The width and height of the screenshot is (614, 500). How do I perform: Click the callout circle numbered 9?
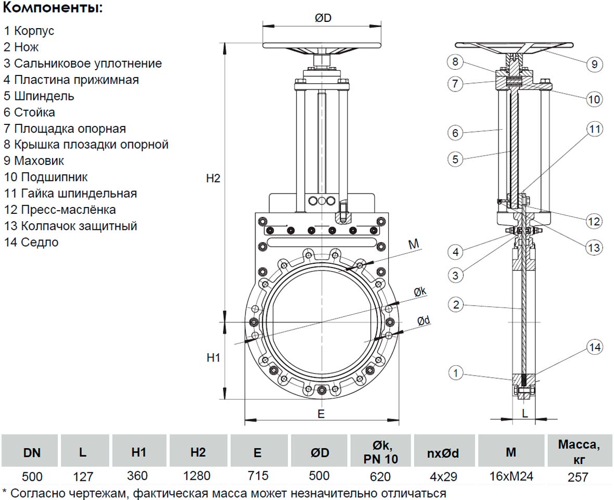click(594, 65)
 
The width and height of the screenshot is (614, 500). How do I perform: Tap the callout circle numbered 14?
click(594, 347)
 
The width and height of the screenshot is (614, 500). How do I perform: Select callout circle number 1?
click(456, 373)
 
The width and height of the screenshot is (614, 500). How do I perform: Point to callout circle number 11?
click(594, 128)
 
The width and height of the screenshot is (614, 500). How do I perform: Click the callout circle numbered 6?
click(455, 133)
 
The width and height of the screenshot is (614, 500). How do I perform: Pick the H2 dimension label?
click(213, 178)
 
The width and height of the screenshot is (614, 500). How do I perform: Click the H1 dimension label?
click(214, 357)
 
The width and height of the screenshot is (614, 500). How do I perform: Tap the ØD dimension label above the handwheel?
click(323, 18)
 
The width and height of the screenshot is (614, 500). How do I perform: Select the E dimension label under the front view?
click(321, 414)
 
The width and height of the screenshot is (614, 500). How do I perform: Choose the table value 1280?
click(198, 476)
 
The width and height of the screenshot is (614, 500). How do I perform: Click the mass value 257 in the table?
click(579, 477)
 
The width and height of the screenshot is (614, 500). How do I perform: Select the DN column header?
click(32, 453)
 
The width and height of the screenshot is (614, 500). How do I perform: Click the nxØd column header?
click(443, 453)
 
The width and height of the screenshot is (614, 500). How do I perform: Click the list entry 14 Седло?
click(31, 242)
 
